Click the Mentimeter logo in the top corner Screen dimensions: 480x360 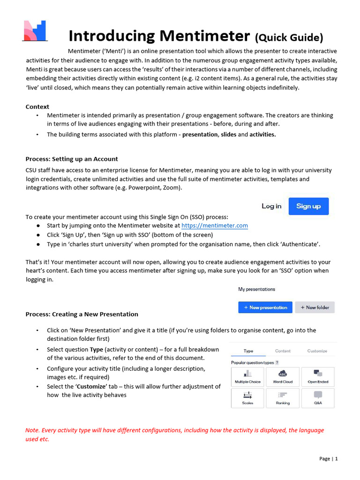click(x=35, y=31)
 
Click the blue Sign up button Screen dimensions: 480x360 click(x=308, y=206)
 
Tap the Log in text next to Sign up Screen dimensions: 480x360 click(x=271, y=206)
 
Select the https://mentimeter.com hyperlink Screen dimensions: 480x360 click(x=215, y=225)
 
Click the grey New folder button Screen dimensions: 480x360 click(x=315, y=307)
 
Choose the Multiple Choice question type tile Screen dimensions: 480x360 click(x=247, y=377)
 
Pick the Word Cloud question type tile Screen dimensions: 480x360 click(x=283, y=377)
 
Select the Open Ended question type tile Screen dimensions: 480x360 click(x=318, y=377)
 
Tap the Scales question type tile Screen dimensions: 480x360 click(x=247, y=398)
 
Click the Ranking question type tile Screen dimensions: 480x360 click(x=283, y=398)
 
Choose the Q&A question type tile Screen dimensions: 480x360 click(x=318, y=398)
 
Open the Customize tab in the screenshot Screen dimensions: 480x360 click(x=317, y=351)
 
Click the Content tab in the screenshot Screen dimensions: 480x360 click(x=283, y=351)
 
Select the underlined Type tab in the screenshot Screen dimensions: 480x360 click(x=248, y=351)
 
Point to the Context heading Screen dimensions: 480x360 click(x=37, y=107)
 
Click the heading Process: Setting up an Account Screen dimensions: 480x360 click(x=72, y=159)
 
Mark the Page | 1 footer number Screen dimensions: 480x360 click(x=328, y=458)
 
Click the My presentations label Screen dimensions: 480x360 click(x=256, y=289)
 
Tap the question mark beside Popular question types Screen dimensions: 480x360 click(x=277, y=362)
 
